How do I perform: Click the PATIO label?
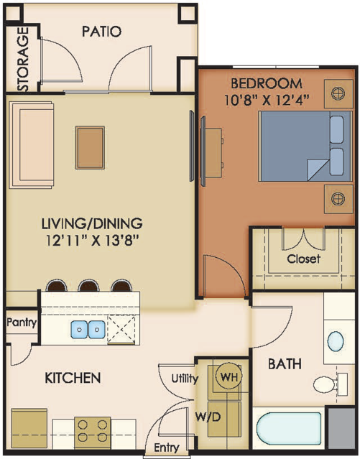tap(101, 32)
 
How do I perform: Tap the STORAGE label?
tap(23, 59)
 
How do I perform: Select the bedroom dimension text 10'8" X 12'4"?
tap(267, 101)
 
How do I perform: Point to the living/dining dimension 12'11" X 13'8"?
tap(92, 241)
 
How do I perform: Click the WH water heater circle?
tap(229, 376)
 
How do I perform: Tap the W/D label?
tap(208, 417)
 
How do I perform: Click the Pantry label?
tap(22, 323)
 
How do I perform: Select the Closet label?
tap(303, 259)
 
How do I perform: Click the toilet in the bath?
tap(330, 384)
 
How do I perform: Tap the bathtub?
tap(289, 429)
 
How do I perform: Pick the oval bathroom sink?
tap(336, 341)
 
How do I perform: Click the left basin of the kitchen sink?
tap(79, 329)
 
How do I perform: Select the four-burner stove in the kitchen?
tap(92, 433)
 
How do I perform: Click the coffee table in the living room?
tap(90, 148)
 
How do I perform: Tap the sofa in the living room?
tap(31, 145)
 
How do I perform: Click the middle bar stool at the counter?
tap(88, 285)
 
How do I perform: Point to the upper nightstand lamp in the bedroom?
tap(338, 93)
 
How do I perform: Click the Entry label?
tap(167, 448)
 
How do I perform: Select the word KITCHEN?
tap(73, 378)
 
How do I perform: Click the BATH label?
tap(285, 364)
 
